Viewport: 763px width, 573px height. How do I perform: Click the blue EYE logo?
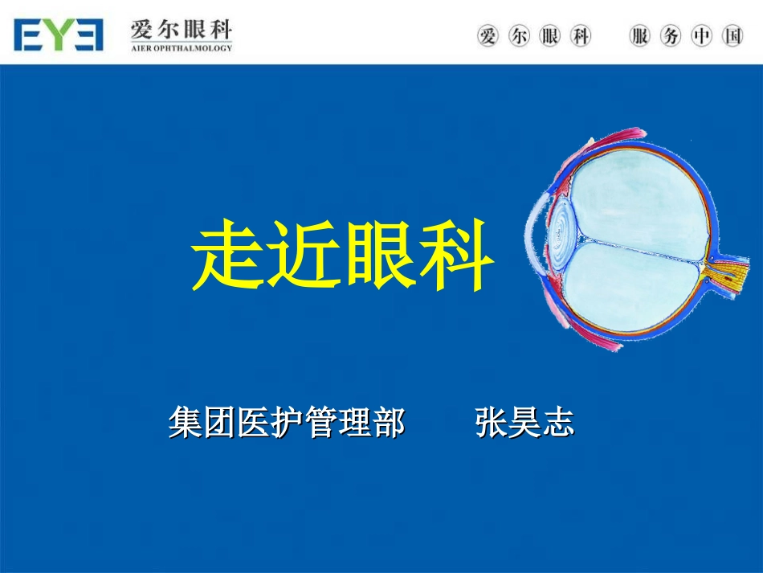[x=58, y=35]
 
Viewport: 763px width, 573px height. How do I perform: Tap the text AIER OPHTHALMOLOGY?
[x=181, y=48]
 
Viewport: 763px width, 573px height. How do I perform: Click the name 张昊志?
[x=525, y=423]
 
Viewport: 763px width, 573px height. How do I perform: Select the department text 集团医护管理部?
[x=287, y=423]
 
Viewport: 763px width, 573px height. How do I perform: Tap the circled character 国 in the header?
[x=732, y=36]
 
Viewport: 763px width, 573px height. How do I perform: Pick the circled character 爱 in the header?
[x=488, y=36]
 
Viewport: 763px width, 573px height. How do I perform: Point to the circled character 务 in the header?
[x=671, y=36]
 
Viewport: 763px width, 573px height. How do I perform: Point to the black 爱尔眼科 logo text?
[x=181, y=31]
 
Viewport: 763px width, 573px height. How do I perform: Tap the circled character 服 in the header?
[x=640, y=36]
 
